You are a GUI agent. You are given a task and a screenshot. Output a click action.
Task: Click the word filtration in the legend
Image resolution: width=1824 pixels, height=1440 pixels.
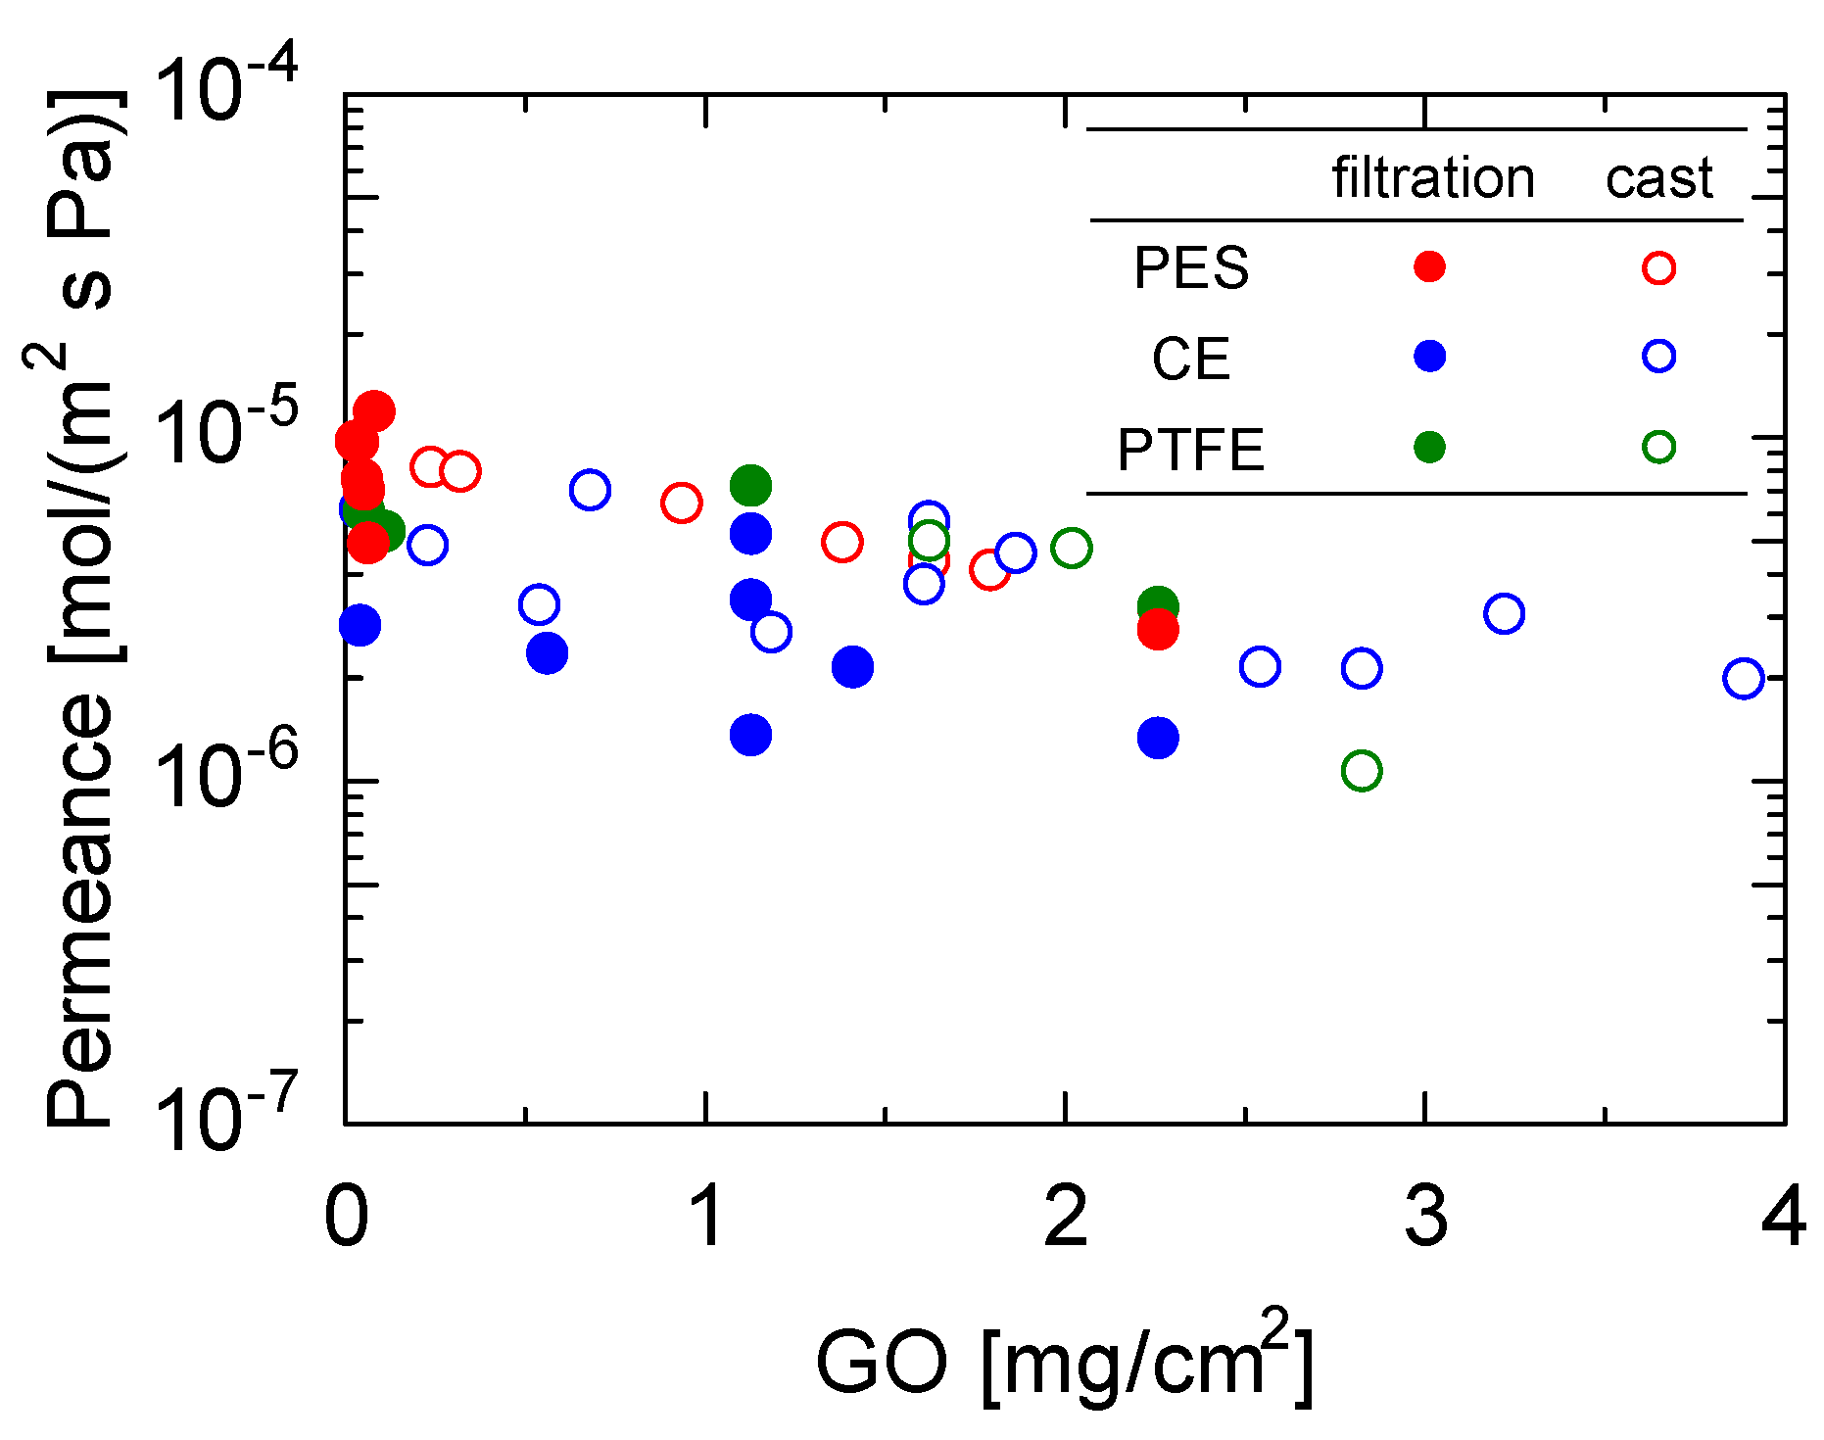point(1432,178)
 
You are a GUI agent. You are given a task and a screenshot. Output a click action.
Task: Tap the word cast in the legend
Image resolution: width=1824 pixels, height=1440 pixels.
point(1658,178)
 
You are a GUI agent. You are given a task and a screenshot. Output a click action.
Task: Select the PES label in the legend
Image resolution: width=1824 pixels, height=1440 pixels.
point(1191,267)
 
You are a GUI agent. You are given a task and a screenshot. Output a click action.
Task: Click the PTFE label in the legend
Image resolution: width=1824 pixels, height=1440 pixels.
point(1191,450)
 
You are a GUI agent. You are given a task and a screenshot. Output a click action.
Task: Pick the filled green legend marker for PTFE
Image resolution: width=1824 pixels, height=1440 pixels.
point(1429,447)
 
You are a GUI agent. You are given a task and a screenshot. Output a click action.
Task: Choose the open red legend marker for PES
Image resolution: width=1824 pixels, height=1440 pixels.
point(1658,267)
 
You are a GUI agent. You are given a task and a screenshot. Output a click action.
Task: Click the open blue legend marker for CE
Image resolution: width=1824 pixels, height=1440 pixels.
point(1658,356)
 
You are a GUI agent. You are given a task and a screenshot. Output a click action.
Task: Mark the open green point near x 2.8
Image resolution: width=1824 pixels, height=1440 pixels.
point(1362,771)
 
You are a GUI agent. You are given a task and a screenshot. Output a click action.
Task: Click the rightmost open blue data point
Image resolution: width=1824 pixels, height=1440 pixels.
point(1743,678)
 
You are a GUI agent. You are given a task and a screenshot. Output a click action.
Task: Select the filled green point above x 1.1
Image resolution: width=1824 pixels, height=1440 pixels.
point(750,485)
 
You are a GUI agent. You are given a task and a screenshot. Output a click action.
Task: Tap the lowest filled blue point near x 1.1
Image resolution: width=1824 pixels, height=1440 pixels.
point(750,734)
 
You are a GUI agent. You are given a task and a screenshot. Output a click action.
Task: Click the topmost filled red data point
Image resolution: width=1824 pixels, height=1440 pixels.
point(373,411)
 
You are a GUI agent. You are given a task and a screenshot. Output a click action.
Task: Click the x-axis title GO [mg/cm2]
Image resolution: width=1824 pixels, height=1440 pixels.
point(1064,1362)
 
